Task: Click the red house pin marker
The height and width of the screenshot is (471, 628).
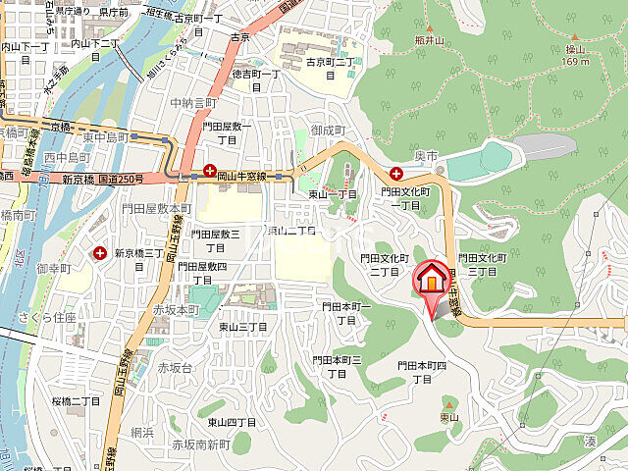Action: click(x=430, y=280)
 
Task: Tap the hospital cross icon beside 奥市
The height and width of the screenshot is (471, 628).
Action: click(x=395, y=173)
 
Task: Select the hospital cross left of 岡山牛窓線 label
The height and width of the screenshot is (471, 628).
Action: click(x=209, y=170)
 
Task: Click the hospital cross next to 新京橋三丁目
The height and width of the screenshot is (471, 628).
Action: click(x=100, y=253)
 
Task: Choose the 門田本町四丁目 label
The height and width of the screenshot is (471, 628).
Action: click(x=422, y=371)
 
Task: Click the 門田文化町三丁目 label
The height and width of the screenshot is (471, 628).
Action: click(x=482, y=263)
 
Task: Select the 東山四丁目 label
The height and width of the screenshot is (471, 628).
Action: click(x=232, y=422)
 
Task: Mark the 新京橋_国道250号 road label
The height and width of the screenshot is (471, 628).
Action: click(x=103, y=179)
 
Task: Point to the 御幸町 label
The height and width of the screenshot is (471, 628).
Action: click(x=54, y=268)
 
